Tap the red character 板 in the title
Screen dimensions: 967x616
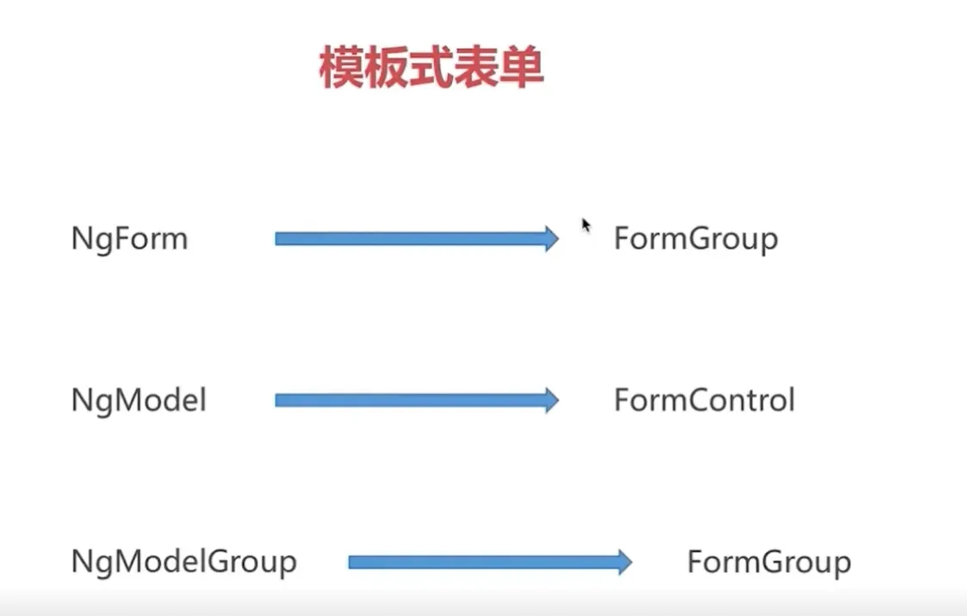tap(386, 68)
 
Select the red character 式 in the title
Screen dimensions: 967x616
tap(431, 68)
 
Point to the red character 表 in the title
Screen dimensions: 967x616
tap(475, 68)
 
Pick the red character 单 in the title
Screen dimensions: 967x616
tap(521, 68)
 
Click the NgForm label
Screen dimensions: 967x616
tap(129, 239)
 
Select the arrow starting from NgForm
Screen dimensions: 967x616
tap(417, 239)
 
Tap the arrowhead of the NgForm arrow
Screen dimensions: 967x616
tap(551, 239)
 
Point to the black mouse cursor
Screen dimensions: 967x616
tap(586, 226)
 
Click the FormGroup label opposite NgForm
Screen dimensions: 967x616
tap(697, 239)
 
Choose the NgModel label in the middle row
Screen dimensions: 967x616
tap(139, 400)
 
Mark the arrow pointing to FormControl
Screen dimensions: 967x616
tap(417, 400)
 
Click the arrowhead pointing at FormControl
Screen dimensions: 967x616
tap(551, 400)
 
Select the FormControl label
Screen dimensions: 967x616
tap(704, 400)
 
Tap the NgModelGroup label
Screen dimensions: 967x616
tap(183, 562)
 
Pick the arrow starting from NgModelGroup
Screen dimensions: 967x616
tap(490, 562)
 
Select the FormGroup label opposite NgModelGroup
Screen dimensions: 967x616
tap(770, 562)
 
